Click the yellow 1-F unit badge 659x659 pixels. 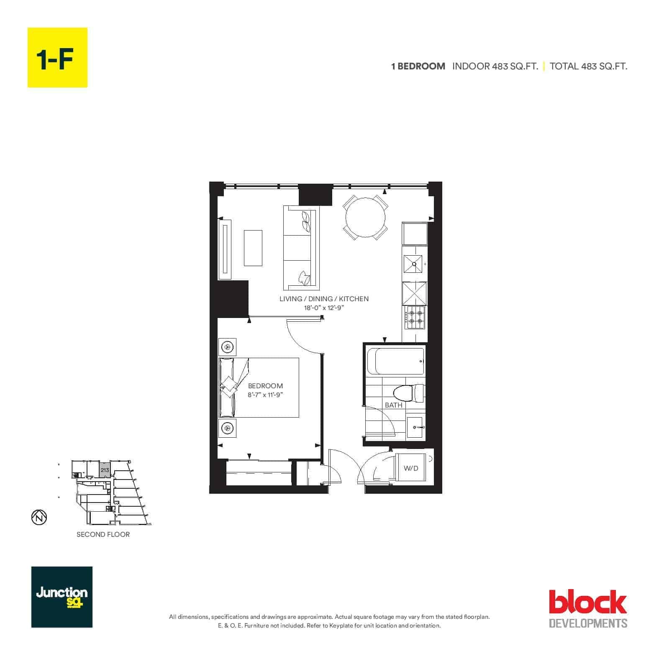pos(57,57)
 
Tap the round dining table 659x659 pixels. pos(365,218)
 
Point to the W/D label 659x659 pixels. pos(410,468)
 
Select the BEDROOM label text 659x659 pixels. pos(265,386)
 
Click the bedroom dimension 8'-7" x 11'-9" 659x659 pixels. pos(265,395)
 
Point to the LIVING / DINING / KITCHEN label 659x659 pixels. pos(324,299)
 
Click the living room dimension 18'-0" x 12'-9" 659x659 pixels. pos(324,308)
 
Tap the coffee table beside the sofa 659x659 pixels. pos(253,248)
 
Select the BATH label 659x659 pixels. pos(393,405)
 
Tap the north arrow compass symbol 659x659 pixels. pos(39,517)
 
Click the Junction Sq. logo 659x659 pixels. pos(62,597)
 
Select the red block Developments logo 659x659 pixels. pos(588,608)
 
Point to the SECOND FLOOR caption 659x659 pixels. pos(103,534)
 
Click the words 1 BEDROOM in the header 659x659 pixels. pos(418,66)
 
